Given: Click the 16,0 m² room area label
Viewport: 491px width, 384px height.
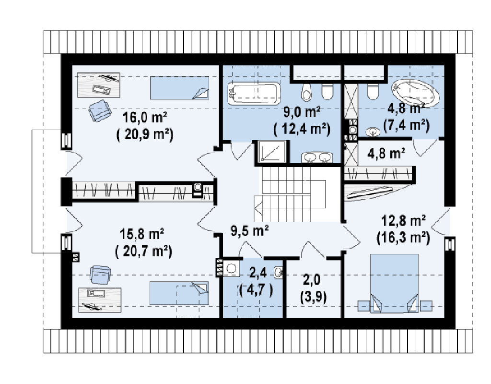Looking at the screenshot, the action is [144, 118].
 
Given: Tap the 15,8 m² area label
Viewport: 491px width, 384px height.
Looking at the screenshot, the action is [142, 234].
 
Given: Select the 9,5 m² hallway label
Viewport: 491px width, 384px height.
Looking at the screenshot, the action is [249, 231].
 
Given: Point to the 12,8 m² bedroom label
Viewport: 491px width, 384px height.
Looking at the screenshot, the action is [403, 221].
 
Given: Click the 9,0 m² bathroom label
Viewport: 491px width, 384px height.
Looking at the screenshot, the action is [302, 112].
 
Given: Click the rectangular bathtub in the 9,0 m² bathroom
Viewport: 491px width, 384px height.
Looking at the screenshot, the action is [254, 94].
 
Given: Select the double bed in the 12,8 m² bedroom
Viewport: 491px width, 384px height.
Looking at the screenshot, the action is [395, 283].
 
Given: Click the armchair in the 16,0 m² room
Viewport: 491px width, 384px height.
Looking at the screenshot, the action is [100, 110].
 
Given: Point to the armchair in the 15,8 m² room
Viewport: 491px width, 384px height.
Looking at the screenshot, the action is [100, 275].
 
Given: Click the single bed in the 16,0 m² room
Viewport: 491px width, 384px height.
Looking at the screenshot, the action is [179, 88].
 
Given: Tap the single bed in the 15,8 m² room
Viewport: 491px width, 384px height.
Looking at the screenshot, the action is [179, 293].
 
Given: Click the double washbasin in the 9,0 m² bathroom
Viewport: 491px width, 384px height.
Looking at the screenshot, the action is [317, 157].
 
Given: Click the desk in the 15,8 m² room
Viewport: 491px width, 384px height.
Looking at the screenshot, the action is [100, 300].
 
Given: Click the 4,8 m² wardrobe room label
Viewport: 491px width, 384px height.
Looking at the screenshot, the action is [386, 154].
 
